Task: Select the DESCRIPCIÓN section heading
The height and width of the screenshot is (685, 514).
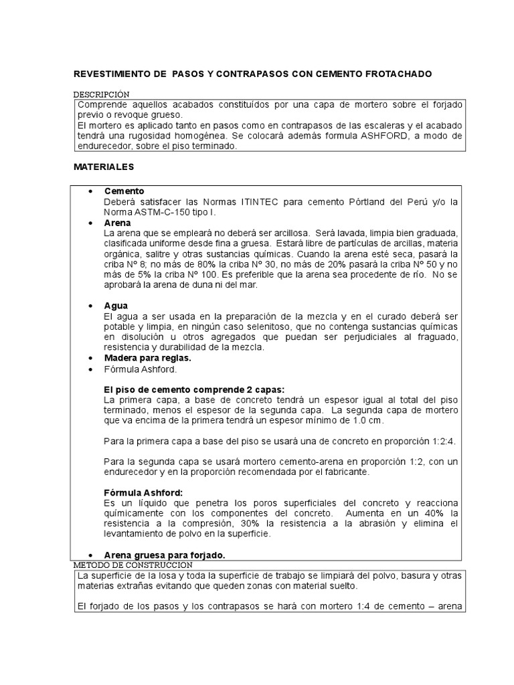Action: click(102, 95)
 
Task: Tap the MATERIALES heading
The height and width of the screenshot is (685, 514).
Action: click(104, 165)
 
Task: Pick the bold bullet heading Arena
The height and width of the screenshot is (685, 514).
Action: click(117, 222)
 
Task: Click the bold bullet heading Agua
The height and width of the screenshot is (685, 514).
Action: click(116, 305)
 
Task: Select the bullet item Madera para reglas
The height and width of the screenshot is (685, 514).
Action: click(143, 358)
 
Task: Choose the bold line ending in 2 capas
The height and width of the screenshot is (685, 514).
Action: click(194, 389)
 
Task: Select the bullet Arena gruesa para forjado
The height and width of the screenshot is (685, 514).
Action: click(165, 555)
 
